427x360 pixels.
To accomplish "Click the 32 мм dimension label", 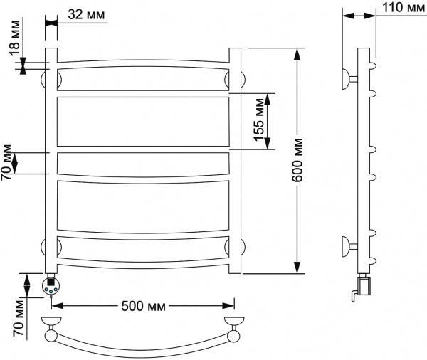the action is coord(86,15).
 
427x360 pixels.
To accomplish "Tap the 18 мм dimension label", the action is coord(15,38).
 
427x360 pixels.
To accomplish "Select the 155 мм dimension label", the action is coord(259,120).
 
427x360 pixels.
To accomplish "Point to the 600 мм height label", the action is coord(297,160).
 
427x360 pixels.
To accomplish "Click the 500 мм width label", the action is coord(143,306).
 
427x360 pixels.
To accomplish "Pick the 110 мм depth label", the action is coord(404,7).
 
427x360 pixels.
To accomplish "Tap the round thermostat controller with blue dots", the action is coord(51,286).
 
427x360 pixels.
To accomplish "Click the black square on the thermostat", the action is coord(51,281).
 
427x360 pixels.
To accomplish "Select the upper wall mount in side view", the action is coord(349,79).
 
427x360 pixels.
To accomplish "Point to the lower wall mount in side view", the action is coord(349,246).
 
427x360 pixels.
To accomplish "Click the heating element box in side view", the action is coord(364,285).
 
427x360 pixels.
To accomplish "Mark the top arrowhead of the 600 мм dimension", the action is coord(297,54).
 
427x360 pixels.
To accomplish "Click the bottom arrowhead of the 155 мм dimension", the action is coord(268,143).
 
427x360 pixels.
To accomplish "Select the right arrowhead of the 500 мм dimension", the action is coord(228,306).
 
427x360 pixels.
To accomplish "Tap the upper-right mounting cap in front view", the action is coord(243,80).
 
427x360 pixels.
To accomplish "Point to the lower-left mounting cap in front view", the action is coord(43,247).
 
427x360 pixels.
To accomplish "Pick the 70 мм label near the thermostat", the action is coord(19,318).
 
